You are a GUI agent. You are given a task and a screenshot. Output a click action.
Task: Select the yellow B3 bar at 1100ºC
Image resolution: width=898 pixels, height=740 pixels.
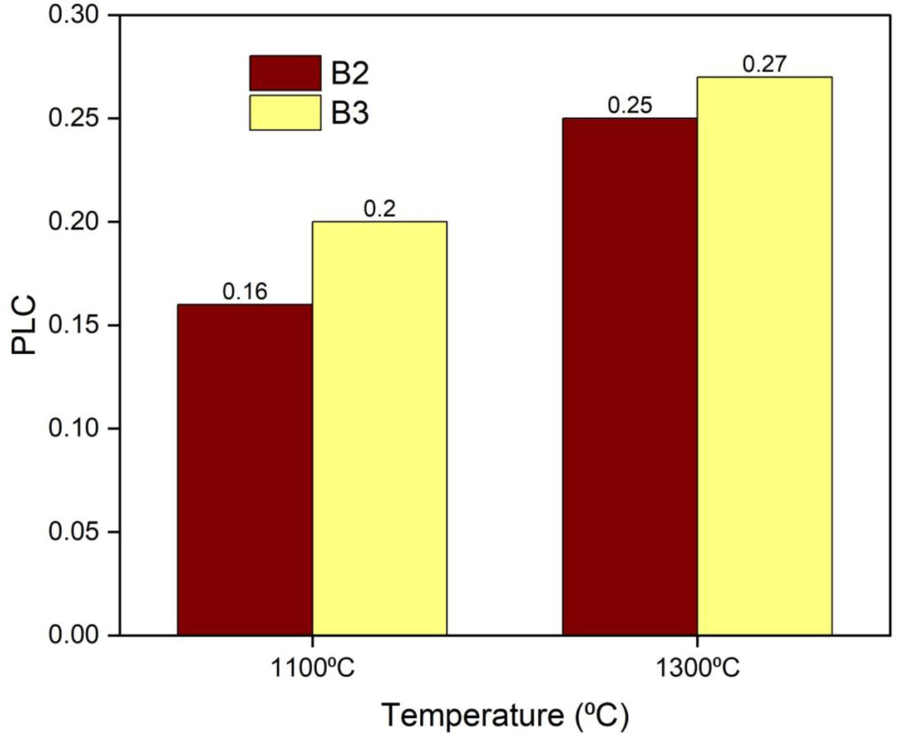(x=379, y=428)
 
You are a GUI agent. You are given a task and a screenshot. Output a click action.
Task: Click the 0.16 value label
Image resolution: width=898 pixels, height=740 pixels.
(x=244, y=292)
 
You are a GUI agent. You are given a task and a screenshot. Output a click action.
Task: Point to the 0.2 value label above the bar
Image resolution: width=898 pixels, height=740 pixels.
(x=379, y=209)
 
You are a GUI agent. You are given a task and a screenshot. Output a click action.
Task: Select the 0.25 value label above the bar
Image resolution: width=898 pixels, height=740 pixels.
(x=629, y=106)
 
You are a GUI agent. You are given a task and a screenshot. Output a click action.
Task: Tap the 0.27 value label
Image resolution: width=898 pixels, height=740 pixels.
(x=764, y=64)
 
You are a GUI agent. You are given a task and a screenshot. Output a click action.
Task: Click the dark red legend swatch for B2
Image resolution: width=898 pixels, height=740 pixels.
(x=285, y=73)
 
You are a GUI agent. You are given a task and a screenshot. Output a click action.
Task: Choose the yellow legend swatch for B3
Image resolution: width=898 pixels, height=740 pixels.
(x=285, y=113)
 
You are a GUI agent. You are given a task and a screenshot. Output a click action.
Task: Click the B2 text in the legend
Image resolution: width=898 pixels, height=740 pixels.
(x=349, y=73)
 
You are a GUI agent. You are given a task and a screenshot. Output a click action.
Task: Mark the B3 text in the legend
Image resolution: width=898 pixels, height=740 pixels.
(x=349, y=113)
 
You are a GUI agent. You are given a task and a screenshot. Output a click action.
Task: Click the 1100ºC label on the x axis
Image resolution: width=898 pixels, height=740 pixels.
(x=311, y=669)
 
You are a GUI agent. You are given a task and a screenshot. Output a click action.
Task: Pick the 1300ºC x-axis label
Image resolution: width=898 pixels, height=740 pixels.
(x=697, y=669)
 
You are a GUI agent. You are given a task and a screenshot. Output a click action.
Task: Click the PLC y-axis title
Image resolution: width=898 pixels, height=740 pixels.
(x=24, y=325)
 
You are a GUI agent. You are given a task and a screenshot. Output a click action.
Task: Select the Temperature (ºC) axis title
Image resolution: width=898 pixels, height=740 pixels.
(x=505, y=715)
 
